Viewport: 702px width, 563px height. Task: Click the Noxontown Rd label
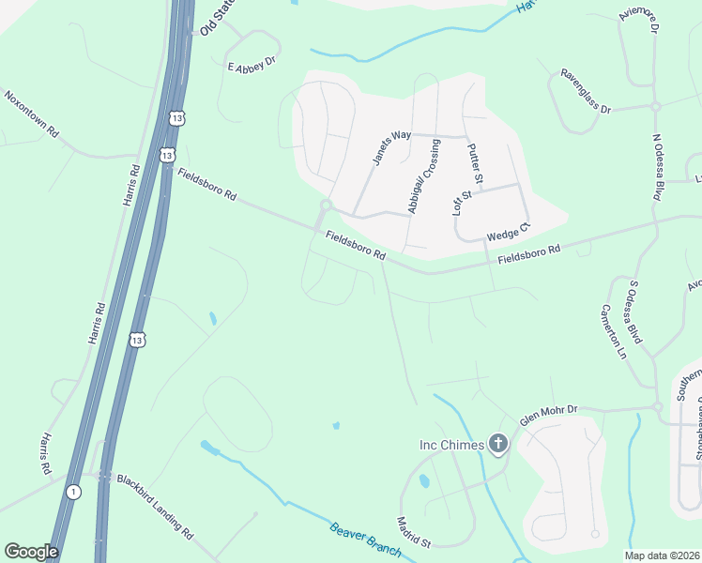point(32,114)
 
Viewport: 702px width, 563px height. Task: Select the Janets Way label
point(392,148)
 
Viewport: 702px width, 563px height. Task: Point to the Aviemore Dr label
point(637,18)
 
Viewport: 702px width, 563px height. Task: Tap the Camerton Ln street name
point(613,332)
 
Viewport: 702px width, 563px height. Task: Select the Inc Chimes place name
point(451,444)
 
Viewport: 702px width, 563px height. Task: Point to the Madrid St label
point(413,531)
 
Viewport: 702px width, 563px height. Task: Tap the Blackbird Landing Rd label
point(155,506)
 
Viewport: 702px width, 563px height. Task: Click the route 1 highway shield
point(73,491)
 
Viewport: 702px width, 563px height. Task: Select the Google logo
point(31,552)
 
